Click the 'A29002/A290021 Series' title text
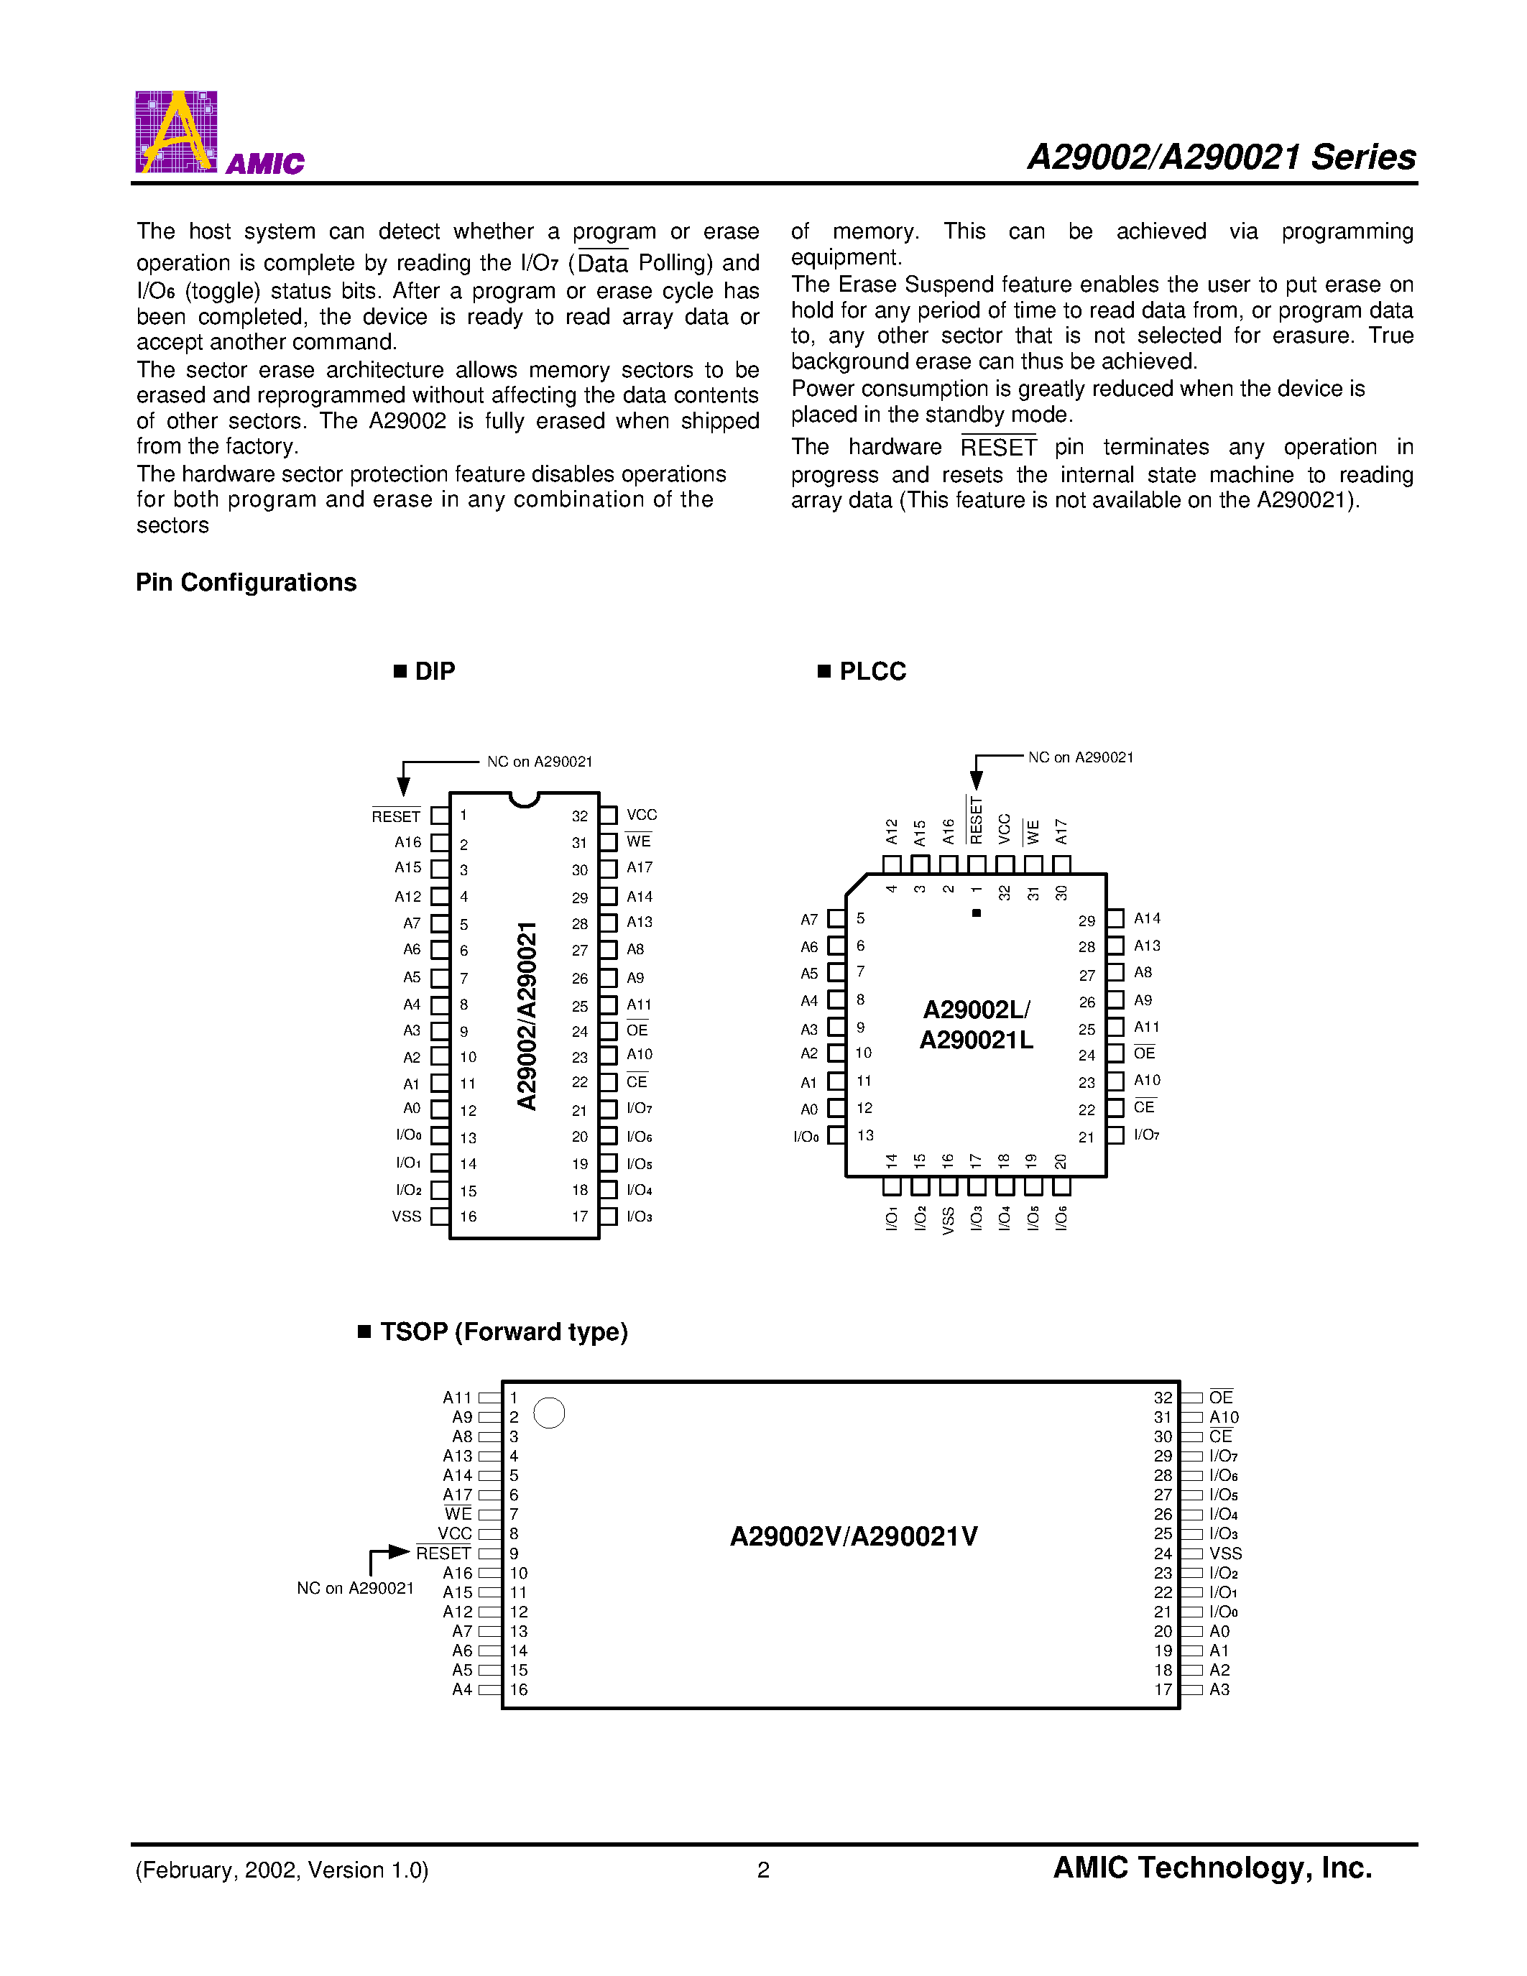coord(1221,157)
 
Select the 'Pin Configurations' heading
coord(246,582)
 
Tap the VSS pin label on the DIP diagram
coord(406,1216)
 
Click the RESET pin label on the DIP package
coord(396,816)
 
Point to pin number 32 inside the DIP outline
coord(579,816)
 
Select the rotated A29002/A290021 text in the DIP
coord(527,1015)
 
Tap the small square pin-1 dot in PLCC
coord(976,913)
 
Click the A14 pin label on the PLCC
coord(1146,918)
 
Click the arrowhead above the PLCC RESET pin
coord(976,779)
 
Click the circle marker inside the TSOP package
coord(549,1413)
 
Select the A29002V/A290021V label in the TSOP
coord(853,1536)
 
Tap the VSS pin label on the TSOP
coord(1225,1553)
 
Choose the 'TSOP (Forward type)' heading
coord(503,1331)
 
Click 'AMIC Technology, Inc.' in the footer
coord(1212,1867)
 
